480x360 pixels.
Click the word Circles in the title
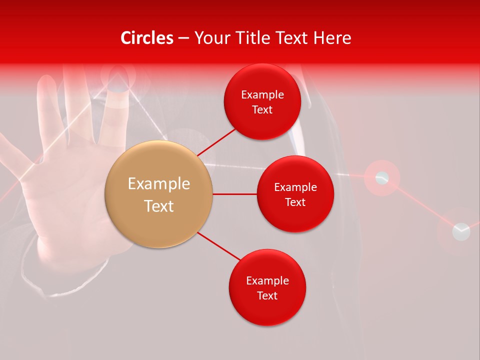(146, 38)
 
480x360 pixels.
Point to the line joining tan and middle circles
(234, 194)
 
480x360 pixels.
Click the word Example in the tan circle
(158, 184)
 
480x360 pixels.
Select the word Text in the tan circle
(158, 206)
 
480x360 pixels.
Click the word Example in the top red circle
(262, 94)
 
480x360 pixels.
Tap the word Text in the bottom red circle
(267, 295)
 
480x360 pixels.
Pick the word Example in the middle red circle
(295, 187)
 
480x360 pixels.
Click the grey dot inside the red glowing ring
(382, 177)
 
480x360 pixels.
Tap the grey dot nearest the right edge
(461, 231)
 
